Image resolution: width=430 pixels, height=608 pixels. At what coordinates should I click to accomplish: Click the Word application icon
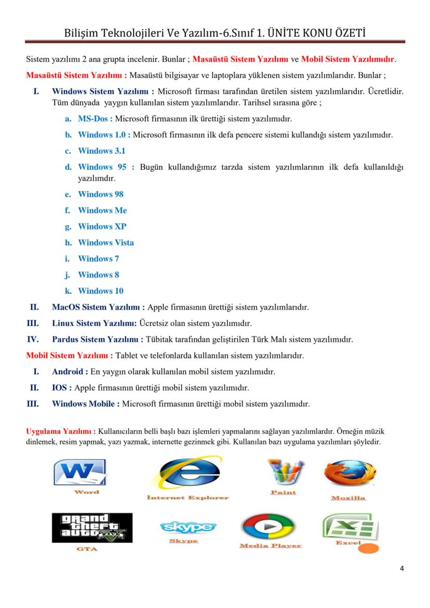click(x=80, y=473)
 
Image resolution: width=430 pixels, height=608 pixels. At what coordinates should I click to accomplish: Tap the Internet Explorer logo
click(x=190, y=474)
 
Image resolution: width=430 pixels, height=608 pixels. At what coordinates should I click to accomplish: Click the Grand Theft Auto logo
click(x=92, y=528)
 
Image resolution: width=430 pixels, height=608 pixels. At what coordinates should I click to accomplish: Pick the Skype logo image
click(x=188, y=527)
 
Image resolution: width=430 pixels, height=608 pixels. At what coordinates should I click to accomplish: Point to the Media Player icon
click(x=268, y=527)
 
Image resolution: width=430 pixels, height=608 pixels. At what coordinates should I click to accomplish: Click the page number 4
click(x=401, y=568)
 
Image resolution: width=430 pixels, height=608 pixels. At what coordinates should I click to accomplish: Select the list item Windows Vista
click(x=105, y=242)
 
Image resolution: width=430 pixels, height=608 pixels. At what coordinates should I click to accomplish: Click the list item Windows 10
click(x=100, y=291)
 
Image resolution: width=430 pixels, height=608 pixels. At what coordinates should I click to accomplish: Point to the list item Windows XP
click(x=102, y=226)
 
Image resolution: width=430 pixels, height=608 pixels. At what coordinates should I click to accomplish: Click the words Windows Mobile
click(x=86, y=404)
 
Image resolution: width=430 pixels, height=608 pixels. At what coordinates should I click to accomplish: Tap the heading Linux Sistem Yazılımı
click(x=94, y=323)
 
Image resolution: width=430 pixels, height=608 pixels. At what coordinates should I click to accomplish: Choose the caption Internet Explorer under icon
click(x=187, y=497)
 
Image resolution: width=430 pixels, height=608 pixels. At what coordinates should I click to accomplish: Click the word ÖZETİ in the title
click(x=345, y=33)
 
